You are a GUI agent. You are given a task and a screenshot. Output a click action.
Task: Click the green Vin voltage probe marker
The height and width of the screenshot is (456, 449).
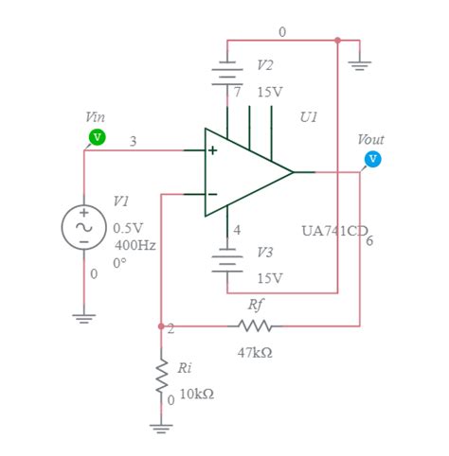pyautogui.click(x=97, y=138)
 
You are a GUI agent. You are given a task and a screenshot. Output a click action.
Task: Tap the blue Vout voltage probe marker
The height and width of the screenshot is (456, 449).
pyautogui.click(x=373, y=158)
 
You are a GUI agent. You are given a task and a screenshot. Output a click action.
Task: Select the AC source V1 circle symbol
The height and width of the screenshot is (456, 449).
pyautogui.click(x=83, y=228)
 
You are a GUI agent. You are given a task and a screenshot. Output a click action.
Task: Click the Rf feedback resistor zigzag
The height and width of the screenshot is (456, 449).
pyautogui.click(x=256, y=326)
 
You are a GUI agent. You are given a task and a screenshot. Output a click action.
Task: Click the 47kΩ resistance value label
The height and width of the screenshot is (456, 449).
pyautogui.click(x=256, y=352)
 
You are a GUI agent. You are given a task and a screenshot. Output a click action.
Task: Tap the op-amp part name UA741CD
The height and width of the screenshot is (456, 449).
pyautogui.click(x=333, y=230)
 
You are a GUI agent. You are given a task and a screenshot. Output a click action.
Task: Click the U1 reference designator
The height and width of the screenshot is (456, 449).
pyautogui.click(x=309, y=117)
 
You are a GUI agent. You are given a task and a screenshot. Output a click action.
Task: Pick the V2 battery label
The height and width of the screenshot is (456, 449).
pyautogui.click(x=266, y=65)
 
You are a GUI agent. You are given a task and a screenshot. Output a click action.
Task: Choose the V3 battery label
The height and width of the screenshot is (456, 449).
pyautogui.click(x=266, y=253)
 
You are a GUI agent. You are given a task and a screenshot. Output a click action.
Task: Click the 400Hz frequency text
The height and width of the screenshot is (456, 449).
pyautogui.click(x=135, y=245)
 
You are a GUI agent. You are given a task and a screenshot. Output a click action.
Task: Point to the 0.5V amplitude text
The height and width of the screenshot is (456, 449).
pyautogui.click(x=128, y=228)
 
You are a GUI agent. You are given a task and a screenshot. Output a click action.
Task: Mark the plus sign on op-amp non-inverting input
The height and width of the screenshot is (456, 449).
pyautogui.click(x=212, y=151)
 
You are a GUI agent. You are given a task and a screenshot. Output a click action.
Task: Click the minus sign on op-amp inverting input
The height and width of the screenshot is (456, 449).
pyautogui.click(x=212, y=195)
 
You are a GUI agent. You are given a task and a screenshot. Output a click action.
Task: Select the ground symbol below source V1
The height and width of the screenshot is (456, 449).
pyautogui.click(x=84, y=318)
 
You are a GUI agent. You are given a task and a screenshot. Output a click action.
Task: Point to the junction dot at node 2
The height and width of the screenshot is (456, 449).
pyautogui.click(x=160, y=326)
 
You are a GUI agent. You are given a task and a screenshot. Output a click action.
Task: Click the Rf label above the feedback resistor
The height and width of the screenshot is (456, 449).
pyautogui.click(x=255, y=305)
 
